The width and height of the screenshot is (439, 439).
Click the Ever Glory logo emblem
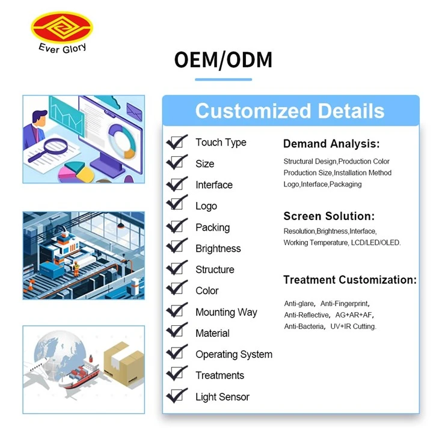62,28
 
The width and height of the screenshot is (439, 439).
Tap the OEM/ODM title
223,60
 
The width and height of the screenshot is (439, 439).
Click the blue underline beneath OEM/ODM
224,79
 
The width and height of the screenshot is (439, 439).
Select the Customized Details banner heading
290,111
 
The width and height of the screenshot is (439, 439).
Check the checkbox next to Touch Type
176,143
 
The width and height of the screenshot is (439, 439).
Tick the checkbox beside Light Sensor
176,396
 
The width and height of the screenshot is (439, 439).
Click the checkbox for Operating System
176,352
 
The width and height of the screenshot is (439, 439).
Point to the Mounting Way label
226,312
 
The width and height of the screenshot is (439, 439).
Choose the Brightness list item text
218,248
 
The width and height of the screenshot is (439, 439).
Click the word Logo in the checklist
206,206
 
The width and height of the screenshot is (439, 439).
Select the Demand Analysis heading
331,144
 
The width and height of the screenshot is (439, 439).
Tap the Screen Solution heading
329,216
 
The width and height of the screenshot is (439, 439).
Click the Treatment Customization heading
350,280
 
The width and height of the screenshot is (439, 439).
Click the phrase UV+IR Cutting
354,327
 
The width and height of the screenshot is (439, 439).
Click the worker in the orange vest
76,268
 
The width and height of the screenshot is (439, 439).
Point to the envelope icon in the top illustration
134,111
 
